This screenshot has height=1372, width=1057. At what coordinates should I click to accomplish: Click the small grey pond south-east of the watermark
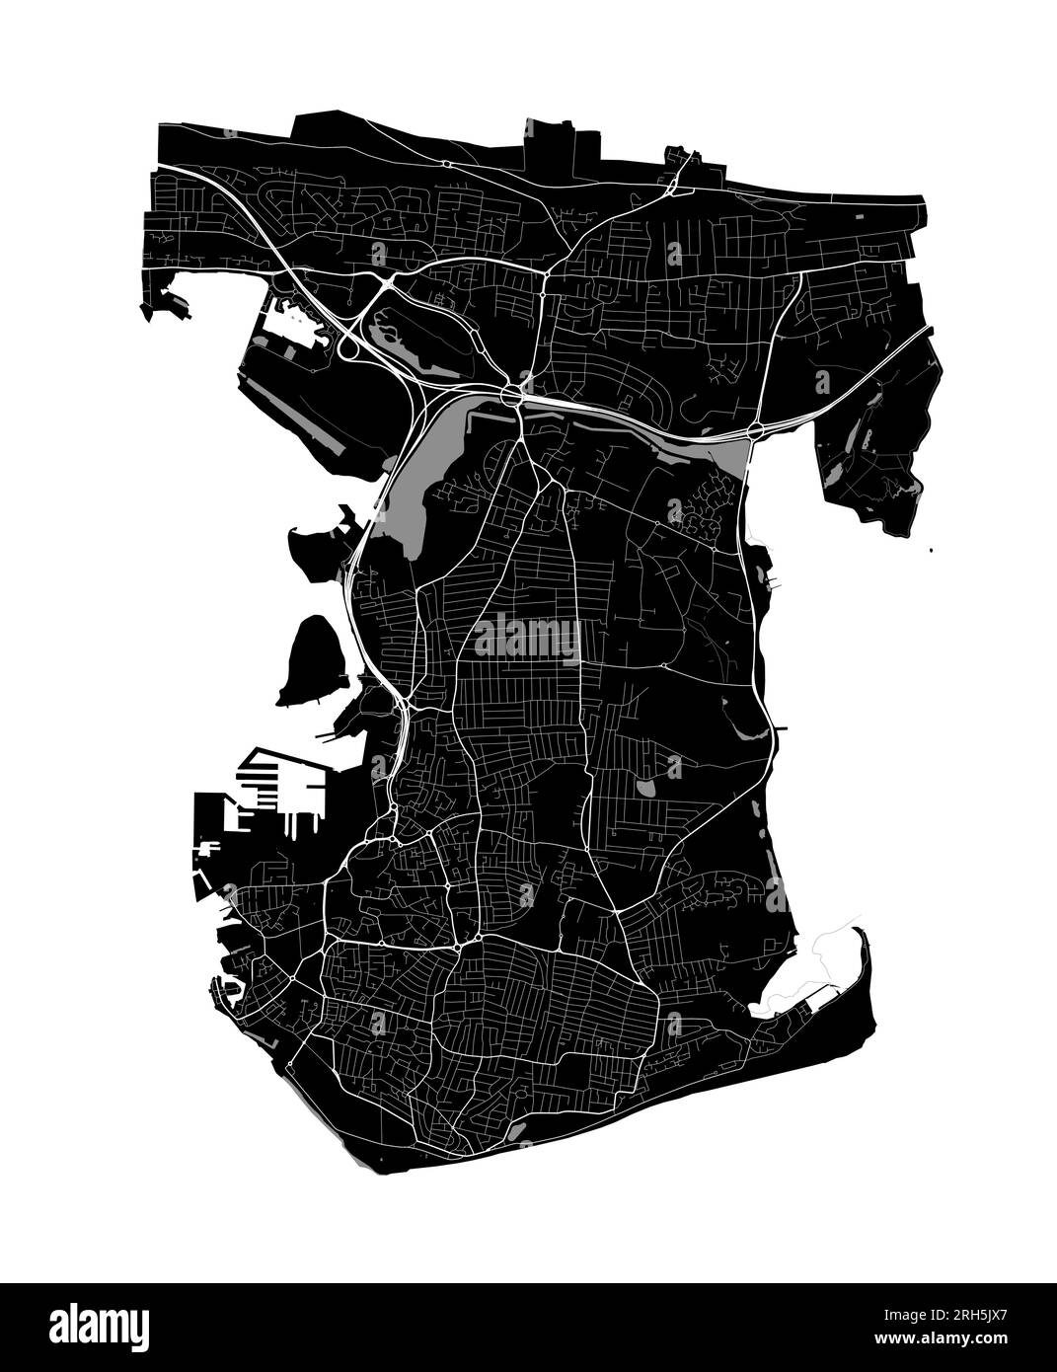645,790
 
